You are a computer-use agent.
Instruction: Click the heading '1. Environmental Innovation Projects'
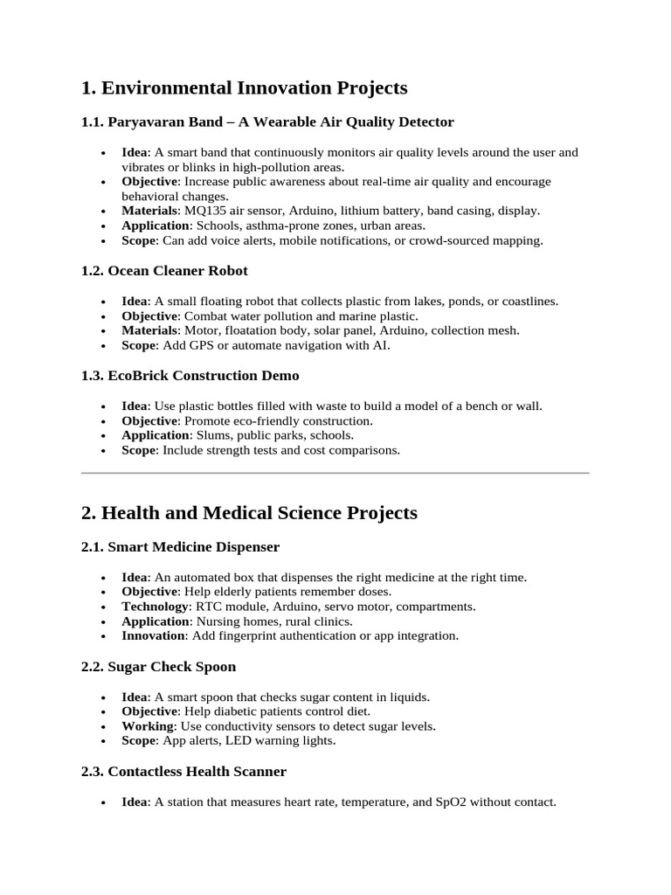244,87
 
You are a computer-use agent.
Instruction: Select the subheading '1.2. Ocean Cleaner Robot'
164,271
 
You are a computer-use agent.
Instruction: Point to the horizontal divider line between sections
335,473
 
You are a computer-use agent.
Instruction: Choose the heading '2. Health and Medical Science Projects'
249,512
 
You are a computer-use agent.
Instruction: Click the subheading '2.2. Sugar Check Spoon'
158,667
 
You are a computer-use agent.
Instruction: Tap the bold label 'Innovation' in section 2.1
153,635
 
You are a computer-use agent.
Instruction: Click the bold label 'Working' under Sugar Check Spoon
147,726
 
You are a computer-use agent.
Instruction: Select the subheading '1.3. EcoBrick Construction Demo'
190,376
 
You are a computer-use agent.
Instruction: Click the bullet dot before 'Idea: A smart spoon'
104,698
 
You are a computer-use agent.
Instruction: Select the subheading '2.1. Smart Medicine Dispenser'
180,547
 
